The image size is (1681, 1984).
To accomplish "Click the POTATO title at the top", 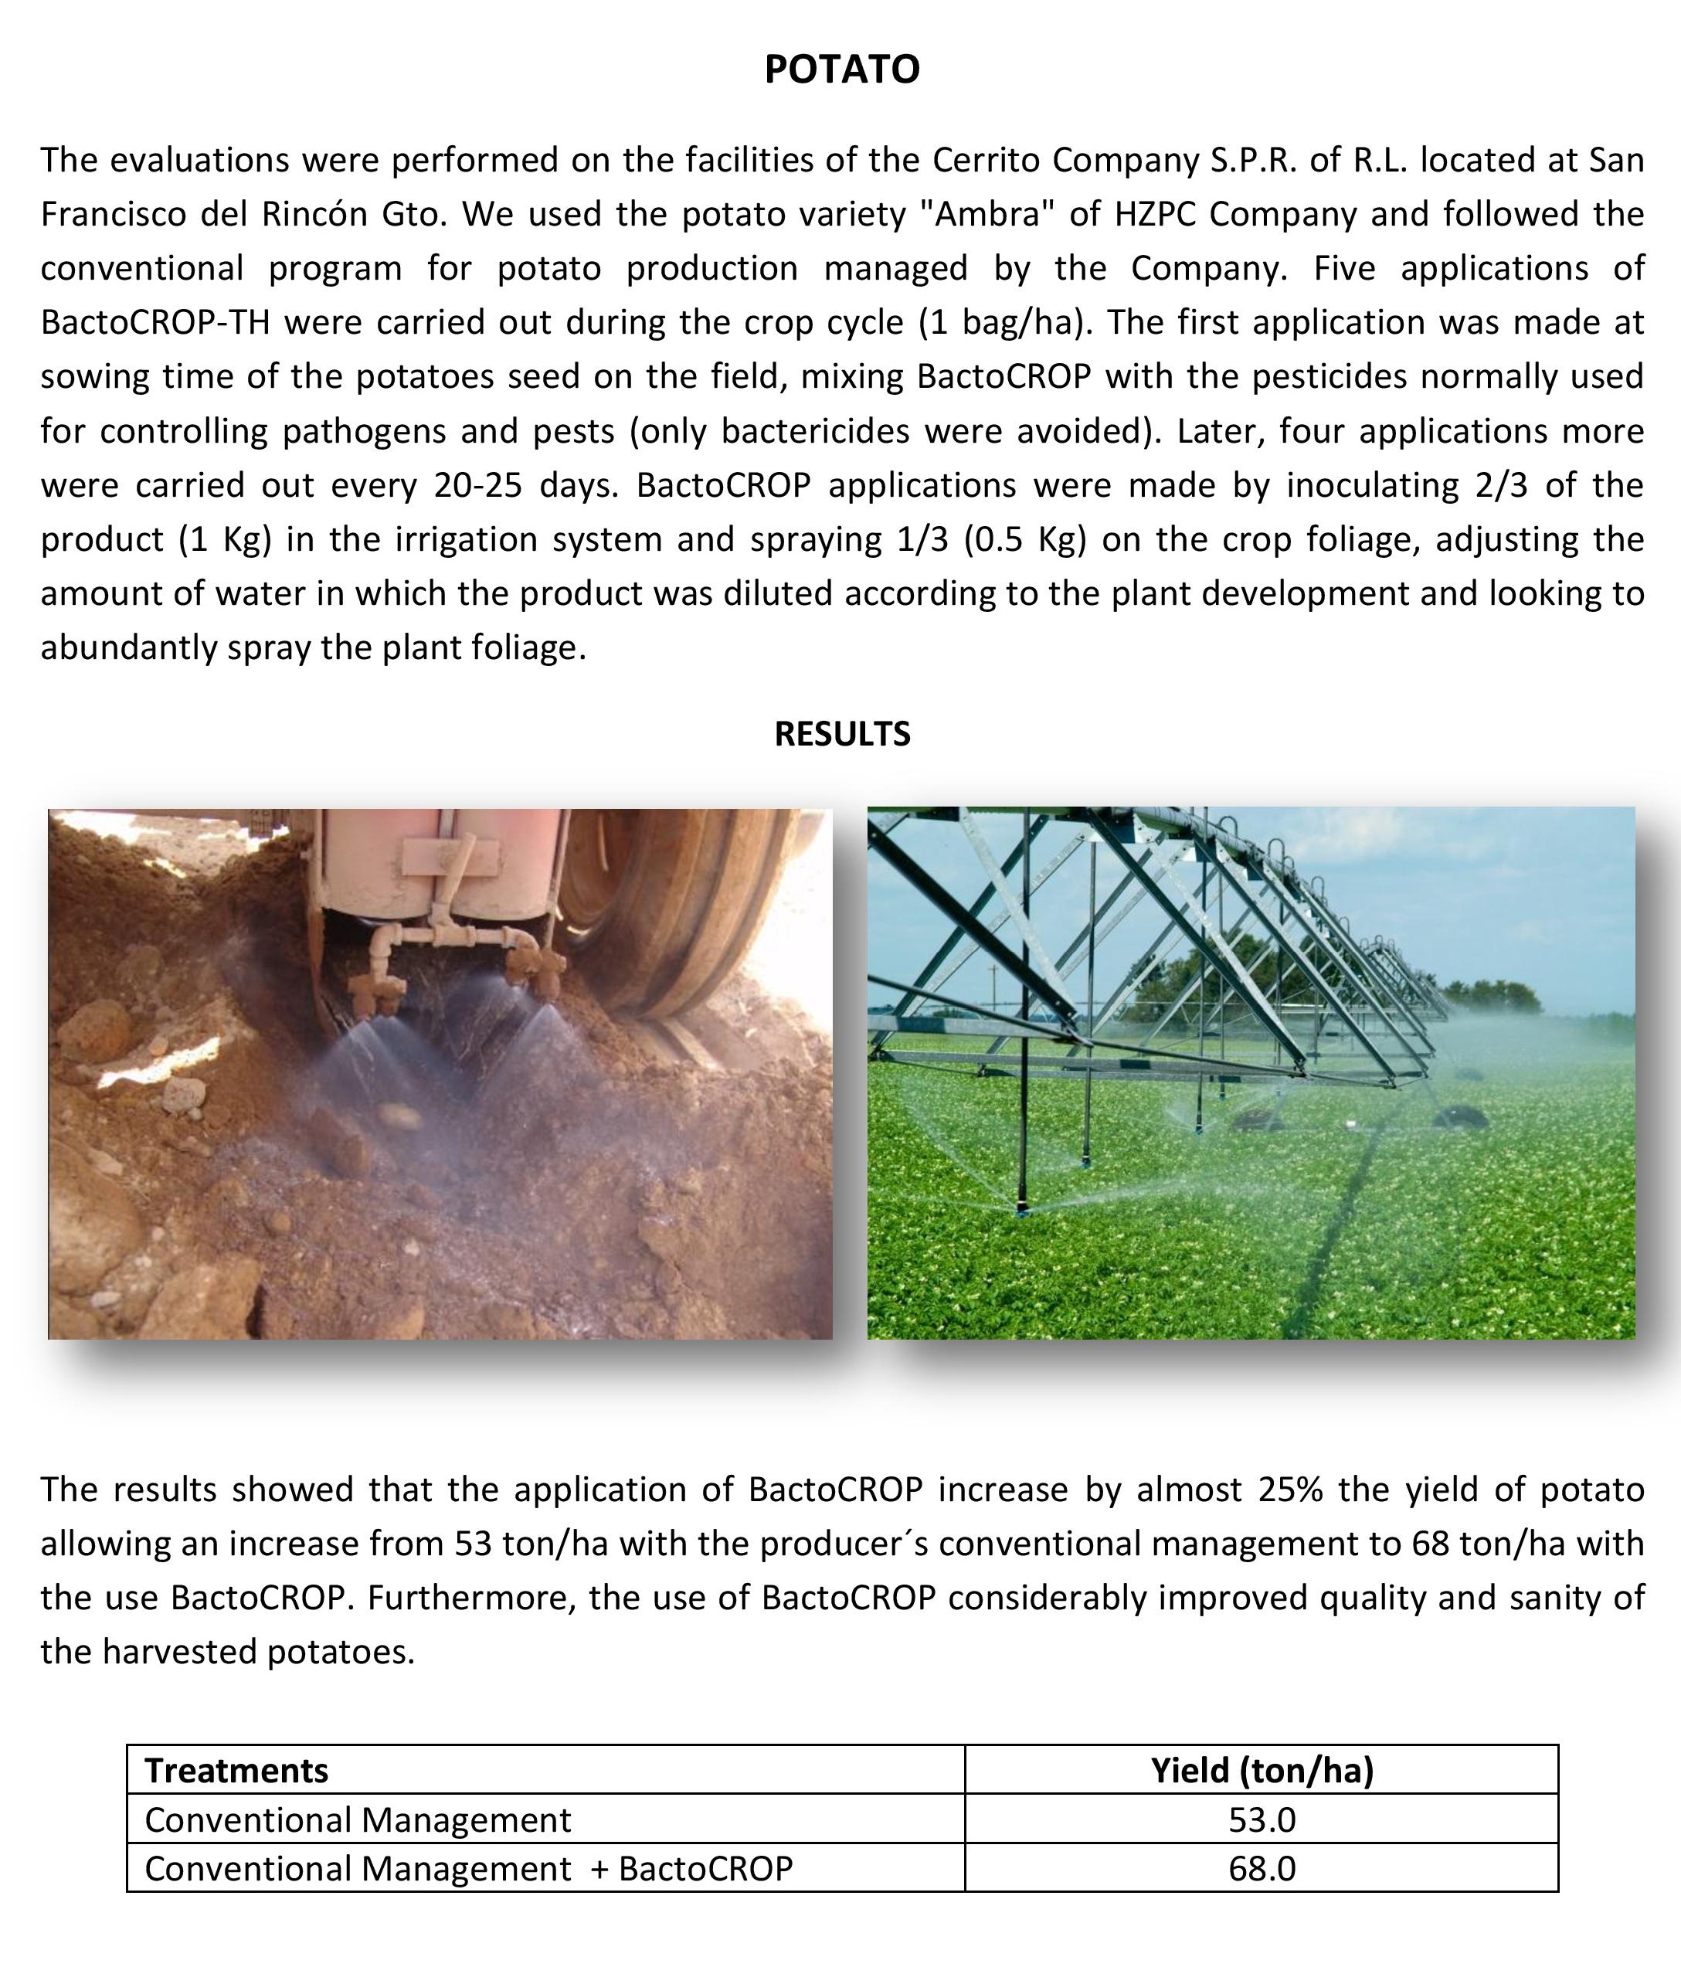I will [841, 70].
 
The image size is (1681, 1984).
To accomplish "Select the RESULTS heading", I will [841, 734].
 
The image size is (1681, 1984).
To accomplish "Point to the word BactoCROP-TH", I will [155, 323].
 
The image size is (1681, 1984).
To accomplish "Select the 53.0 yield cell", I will [1262, 1819].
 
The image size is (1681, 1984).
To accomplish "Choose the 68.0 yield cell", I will [1262, 1868].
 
